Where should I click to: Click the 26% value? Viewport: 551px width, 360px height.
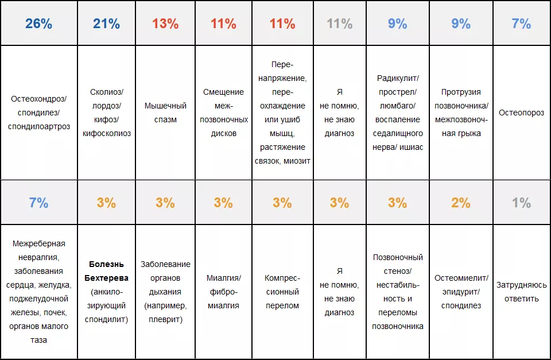[38, 24]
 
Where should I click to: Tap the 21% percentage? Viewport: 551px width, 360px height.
[106, 24]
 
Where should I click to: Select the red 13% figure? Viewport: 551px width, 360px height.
[165, 24]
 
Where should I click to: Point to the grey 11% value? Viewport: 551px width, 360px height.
[339, 24]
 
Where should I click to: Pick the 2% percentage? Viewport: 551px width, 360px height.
[461, 203]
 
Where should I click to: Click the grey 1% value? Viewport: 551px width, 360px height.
[521, 203]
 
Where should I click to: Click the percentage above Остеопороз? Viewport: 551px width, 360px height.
[521, 24]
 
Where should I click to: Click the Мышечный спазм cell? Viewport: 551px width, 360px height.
[165, 113]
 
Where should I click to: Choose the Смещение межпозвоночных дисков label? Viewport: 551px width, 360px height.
[223, 113]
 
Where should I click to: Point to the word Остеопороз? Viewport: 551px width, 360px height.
[521, 113]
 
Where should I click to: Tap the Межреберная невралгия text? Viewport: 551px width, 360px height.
[38, 250]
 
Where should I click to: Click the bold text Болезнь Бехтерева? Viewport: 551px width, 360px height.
[107, 271]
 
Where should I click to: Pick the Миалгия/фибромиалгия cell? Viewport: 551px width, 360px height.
[223, 292]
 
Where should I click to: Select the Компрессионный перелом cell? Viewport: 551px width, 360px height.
[282, 292]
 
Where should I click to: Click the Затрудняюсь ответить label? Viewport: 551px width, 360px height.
[521, 291]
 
